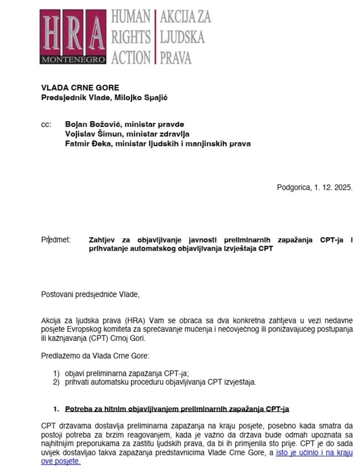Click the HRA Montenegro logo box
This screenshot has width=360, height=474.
tap(73, 37)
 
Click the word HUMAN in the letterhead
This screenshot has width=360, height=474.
tap(131, 17)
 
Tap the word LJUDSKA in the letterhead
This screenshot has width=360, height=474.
tap(182, 37)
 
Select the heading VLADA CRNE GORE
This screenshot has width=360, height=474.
tap(80, 88)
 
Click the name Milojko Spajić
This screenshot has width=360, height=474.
tap(141, 97)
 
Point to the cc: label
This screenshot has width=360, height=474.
tap(46, 124)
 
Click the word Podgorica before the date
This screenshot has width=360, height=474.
tap(293, 187)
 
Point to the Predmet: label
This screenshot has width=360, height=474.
tap(56, 240)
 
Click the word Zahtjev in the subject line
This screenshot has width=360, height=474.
tap(102, 240)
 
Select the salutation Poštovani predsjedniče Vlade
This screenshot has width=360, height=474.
tap(90, 295)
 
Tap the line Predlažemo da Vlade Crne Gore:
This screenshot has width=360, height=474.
tap(95, 356)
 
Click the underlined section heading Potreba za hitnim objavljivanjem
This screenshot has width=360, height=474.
tap(177, 409)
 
